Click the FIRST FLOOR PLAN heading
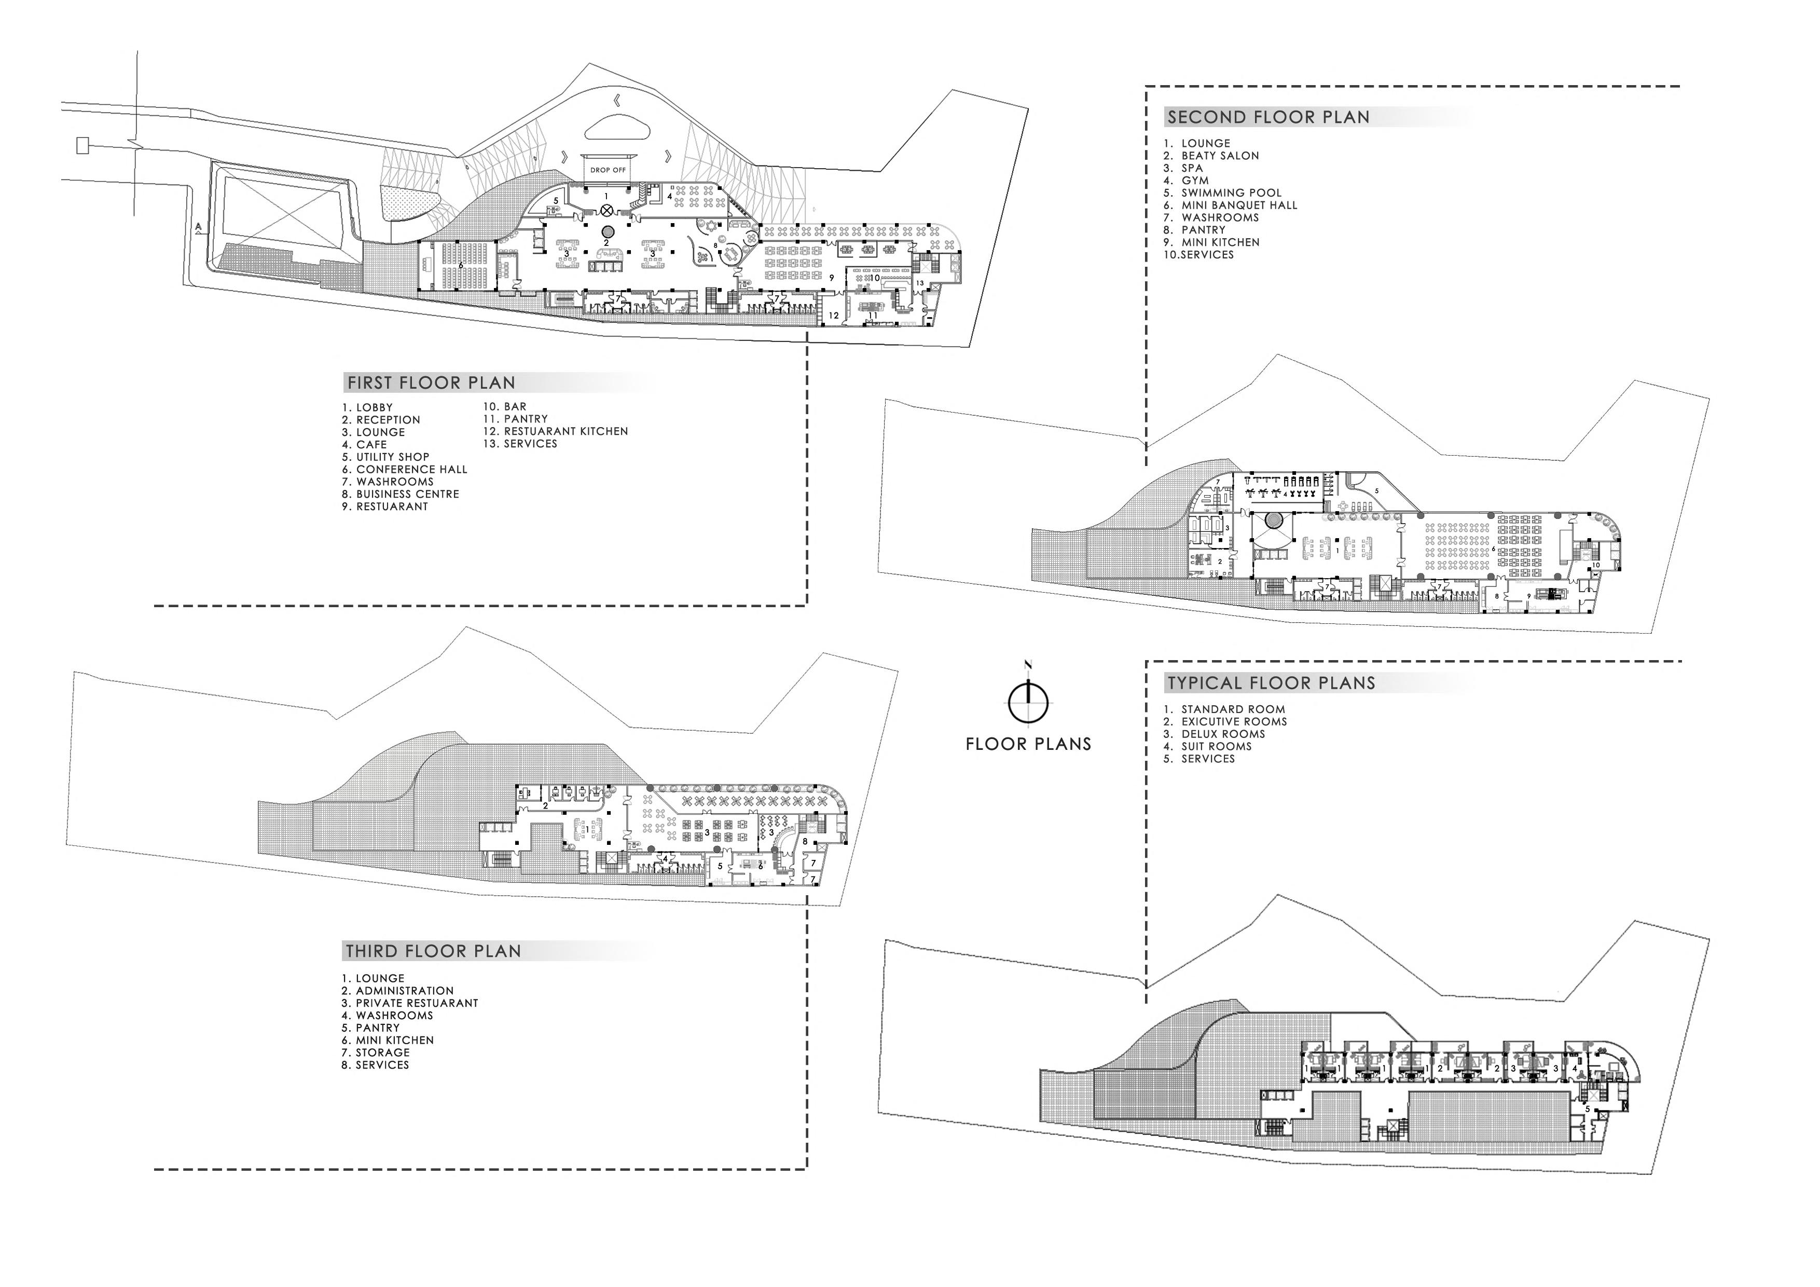coord(431,383)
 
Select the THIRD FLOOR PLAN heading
coord(433,951)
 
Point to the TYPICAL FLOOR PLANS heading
coord(1271,683)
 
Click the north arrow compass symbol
coord(1028,700)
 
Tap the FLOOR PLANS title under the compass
coord(1028,744)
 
